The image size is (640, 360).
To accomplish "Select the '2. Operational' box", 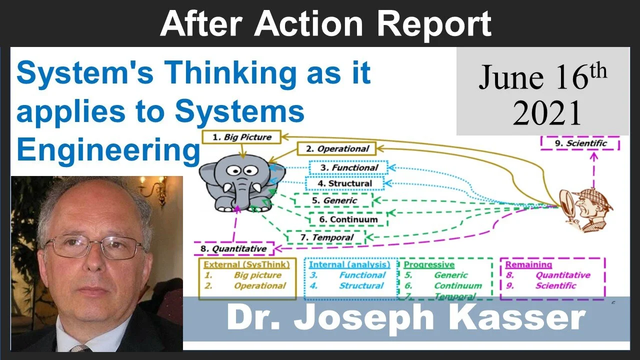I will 336,148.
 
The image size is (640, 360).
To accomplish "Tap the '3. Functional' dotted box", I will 348,168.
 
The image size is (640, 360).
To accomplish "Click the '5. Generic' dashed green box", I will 333,200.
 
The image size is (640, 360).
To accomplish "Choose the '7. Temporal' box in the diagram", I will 326,237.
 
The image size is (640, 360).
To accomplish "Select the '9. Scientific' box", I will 580,143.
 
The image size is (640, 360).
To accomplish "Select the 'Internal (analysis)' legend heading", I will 349,264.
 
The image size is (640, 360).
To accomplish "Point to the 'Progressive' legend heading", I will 429,264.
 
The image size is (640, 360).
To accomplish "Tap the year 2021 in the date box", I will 546,112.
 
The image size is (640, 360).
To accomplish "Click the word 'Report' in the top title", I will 426,23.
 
